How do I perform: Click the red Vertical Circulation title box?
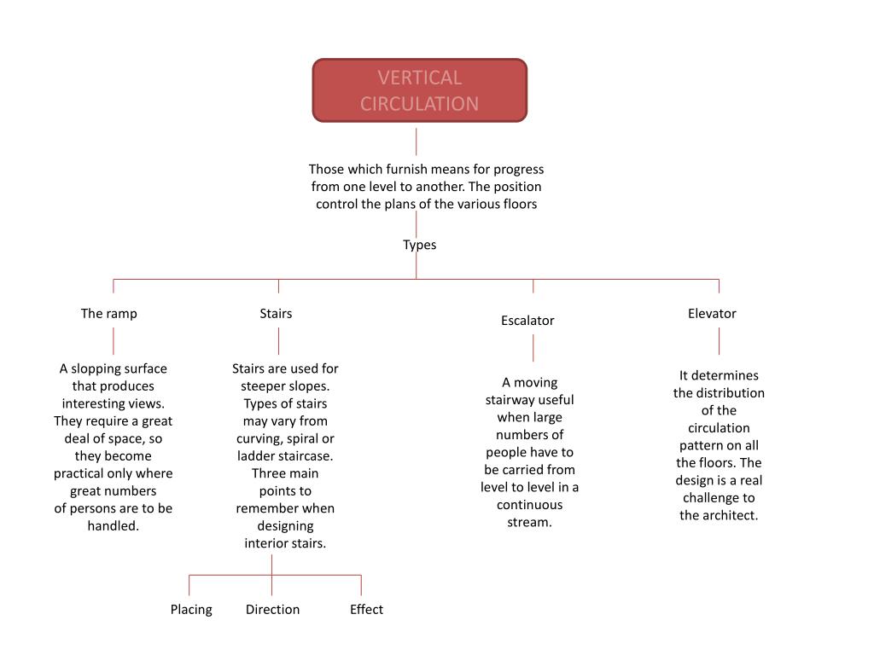(x=419, y=90)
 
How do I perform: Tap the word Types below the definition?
(x=419, y=245)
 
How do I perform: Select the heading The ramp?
(x=109, y=313)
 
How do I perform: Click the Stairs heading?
(x=276, y=313)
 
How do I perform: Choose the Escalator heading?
(x=527, y=321)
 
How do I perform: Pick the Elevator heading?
(x=712, y=313)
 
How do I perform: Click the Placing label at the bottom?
(x=191, y=609)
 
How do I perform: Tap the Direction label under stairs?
(x=272, y=609)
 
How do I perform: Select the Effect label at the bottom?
(x=366, y=609)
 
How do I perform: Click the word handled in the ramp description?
(x=112, y=525)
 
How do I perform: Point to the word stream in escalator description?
(x=529, y=522)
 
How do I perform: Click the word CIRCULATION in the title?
(x=419, y=103)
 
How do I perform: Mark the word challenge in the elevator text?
(x=719, y=497)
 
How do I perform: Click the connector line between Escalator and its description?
(x=533, y=348)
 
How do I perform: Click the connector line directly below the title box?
(x=417, y=142)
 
